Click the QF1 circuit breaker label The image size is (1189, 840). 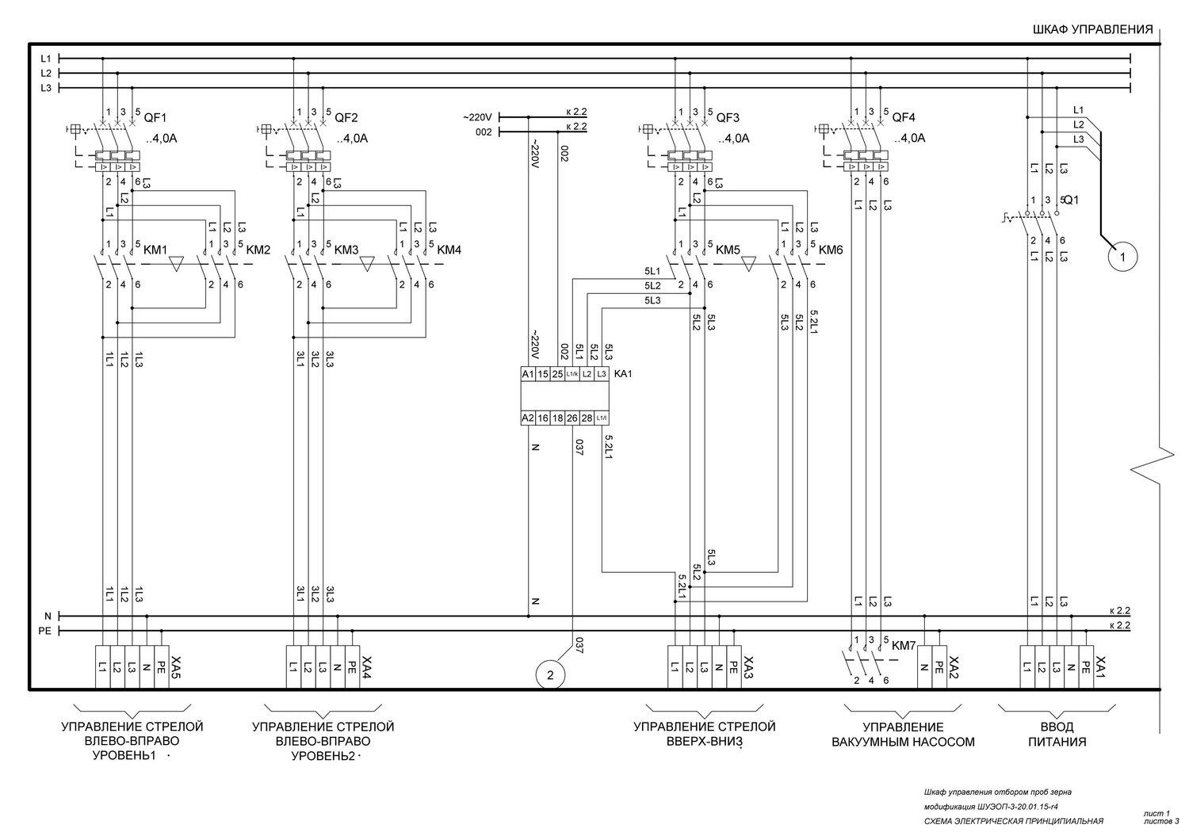point(155,118)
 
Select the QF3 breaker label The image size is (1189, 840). point(728,118)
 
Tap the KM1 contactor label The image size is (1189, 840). point(155,250)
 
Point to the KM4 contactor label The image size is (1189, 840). point(449,250)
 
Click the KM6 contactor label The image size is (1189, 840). point(831,250)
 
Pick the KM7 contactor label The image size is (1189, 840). point(904,646)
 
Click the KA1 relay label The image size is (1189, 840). point(623,373)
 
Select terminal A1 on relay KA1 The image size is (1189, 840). point(528,373)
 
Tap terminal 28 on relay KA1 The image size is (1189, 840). point(587,418)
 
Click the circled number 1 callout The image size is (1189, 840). point(1122,257)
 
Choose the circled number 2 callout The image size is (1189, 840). point(550,675)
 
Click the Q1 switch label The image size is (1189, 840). point(1070,200)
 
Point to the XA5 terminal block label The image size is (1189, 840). point(176,665)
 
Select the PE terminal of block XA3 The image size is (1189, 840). point(733,669)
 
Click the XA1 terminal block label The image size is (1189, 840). point(1100,665)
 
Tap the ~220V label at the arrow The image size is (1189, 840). point(477,117)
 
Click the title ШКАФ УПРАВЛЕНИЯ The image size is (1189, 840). point(1092,30)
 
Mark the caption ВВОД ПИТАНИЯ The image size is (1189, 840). point(1057,735)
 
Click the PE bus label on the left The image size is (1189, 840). point(46,632)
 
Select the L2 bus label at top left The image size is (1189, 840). point(46,73)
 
